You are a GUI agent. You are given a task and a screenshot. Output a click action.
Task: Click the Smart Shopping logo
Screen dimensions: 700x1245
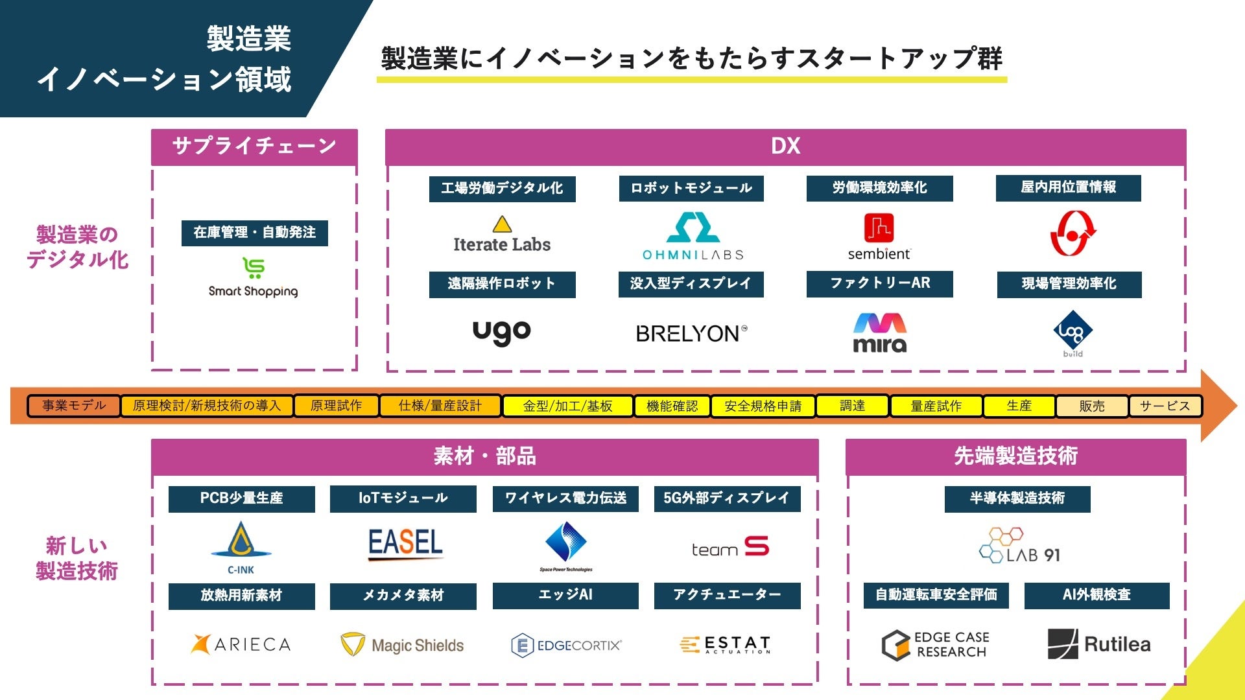pyautogui.click(x=254, y=278)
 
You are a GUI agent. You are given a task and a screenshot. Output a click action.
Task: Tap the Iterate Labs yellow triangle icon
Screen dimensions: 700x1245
pyautogui.click(x=502, y=225)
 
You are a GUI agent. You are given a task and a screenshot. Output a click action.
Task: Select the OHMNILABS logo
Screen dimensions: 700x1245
pyautogui.click(x=693, y=237)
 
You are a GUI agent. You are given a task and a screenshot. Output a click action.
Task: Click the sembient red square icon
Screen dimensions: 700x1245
pyautogui.click(x=879, y=228)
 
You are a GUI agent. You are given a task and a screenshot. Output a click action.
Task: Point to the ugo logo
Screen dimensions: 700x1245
pyautogui.click(x=502, y=332)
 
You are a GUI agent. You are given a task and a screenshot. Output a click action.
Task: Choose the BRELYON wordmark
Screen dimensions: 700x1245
pyautogui.click(x=691, y=334)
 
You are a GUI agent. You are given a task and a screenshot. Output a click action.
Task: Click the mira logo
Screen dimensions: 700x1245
pyautogui.click(x=879, y=333)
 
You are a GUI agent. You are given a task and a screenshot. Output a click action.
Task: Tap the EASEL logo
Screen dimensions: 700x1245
pyautogui.click(x=405, y=543)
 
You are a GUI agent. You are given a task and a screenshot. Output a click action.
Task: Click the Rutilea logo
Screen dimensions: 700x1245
pyautogui.click(x=1099, y=644)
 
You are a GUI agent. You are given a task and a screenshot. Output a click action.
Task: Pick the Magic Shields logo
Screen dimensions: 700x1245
pyautogui.click(x=403, y=645)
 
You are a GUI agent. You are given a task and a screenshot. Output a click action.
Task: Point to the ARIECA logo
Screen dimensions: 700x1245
pyautogui.click(x=241, y=644)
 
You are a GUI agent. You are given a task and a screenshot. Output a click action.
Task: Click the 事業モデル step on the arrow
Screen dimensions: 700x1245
pyautogui.click(x=74, y=406)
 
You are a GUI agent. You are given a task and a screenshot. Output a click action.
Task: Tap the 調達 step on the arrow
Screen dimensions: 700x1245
pyautogui.click(x=852, y=406)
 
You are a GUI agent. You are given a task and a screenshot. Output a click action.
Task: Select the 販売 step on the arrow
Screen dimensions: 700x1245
pyautogui.click(x=1092, y=406)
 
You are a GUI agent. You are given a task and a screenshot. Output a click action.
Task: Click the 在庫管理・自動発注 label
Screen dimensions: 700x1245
pyautogui.click(x=255, y=233)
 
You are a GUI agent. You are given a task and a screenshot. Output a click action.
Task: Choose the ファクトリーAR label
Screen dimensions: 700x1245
pyautogui.click(x=880, y=283)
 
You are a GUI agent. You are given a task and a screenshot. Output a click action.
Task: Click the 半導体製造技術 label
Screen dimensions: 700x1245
pyautogui.click(x=1017, y=498)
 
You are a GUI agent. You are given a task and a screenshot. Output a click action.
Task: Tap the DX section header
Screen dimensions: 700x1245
pyautogui.click(x=785, y=146)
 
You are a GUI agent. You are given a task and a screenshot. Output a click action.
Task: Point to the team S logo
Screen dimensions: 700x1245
pyautogui.click(x=730, y=548)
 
